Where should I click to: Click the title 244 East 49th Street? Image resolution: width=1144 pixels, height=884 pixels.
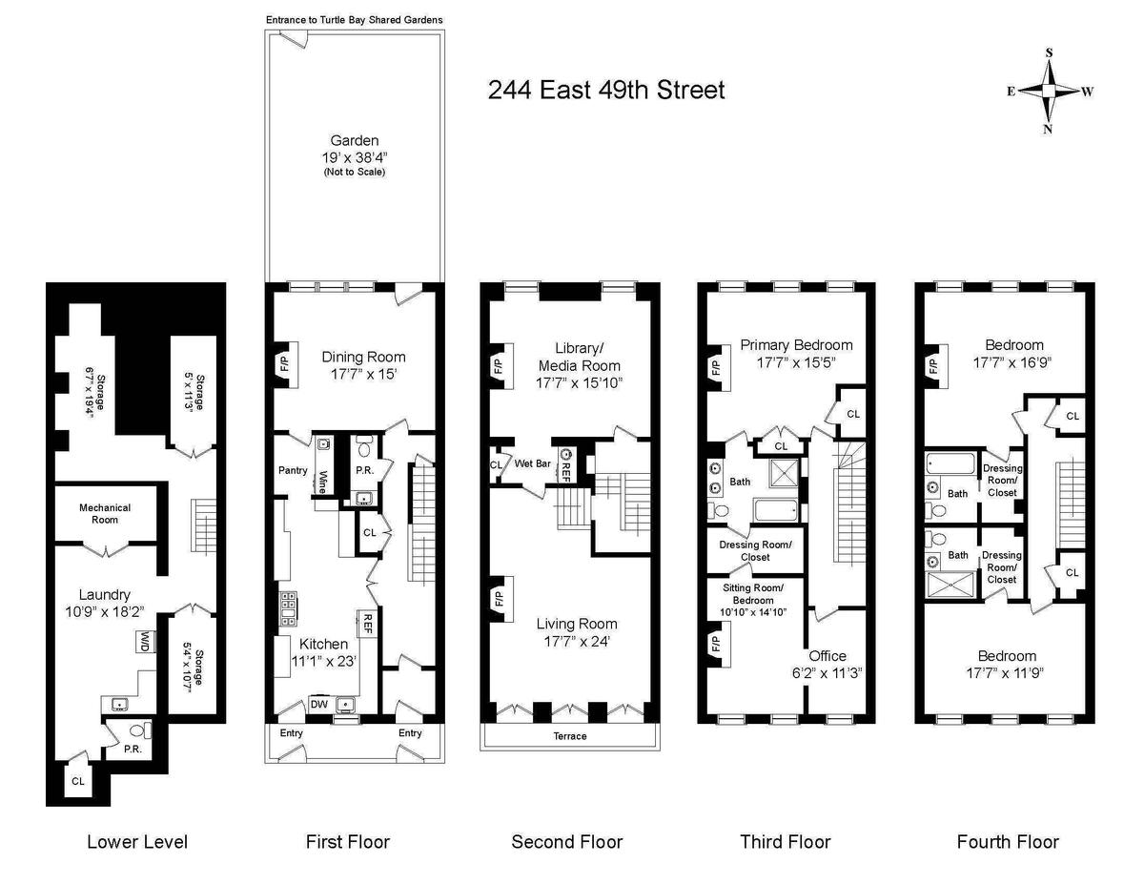point(606,90)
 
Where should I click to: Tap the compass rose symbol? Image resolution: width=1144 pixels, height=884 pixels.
point(1049,92)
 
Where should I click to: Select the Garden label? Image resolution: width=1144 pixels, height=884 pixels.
point(355,140)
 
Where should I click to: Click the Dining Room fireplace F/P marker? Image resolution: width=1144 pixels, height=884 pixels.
point(285,365)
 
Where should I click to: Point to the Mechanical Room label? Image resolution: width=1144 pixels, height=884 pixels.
point(105,513)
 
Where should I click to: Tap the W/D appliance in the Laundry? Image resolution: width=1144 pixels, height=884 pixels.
point(143,641)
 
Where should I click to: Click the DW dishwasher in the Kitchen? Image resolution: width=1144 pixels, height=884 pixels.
point(319,704)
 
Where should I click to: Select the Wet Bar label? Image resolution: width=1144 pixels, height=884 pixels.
point(532,463)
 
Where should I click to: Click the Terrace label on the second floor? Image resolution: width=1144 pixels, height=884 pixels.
point(570,736)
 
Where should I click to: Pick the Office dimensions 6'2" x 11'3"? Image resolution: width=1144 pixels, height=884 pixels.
point(827,673)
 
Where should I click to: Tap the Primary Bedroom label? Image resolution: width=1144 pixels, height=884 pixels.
point(796,345)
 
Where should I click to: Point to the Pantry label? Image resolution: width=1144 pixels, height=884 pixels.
point(293,470)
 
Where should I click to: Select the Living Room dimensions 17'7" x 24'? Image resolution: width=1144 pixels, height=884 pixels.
point(577,641)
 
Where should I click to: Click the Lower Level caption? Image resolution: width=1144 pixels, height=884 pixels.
point(137,841)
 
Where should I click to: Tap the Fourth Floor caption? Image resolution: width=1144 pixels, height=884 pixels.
point(1008,841)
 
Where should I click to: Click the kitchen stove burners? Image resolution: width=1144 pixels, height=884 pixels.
point(289,608)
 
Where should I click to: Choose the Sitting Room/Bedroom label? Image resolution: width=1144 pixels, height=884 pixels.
point(753,594)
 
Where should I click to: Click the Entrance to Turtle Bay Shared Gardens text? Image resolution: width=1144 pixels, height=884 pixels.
point(355,20)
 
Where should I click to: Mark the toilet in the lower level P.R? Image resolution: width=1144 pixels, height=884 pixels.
point(139,730)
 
